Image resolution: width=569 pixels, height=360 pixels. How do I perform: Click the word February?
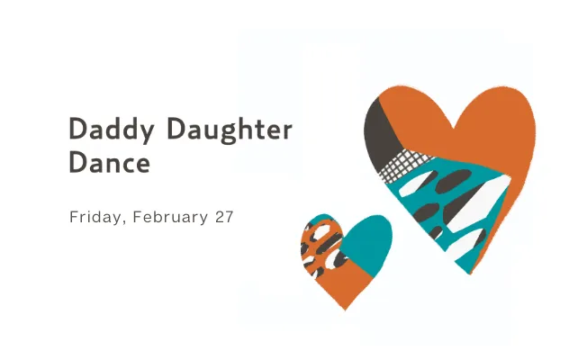[x=167, y=217]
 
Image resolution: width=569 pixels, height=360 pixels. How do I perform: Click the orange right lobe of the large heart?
[x=500, y=135]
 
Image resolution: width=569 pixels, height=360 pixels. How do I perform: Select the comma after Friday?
[x=119, y=221]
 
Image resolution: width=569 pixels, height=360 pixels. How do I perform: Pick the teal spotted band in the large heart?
[x=441, y=202]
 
